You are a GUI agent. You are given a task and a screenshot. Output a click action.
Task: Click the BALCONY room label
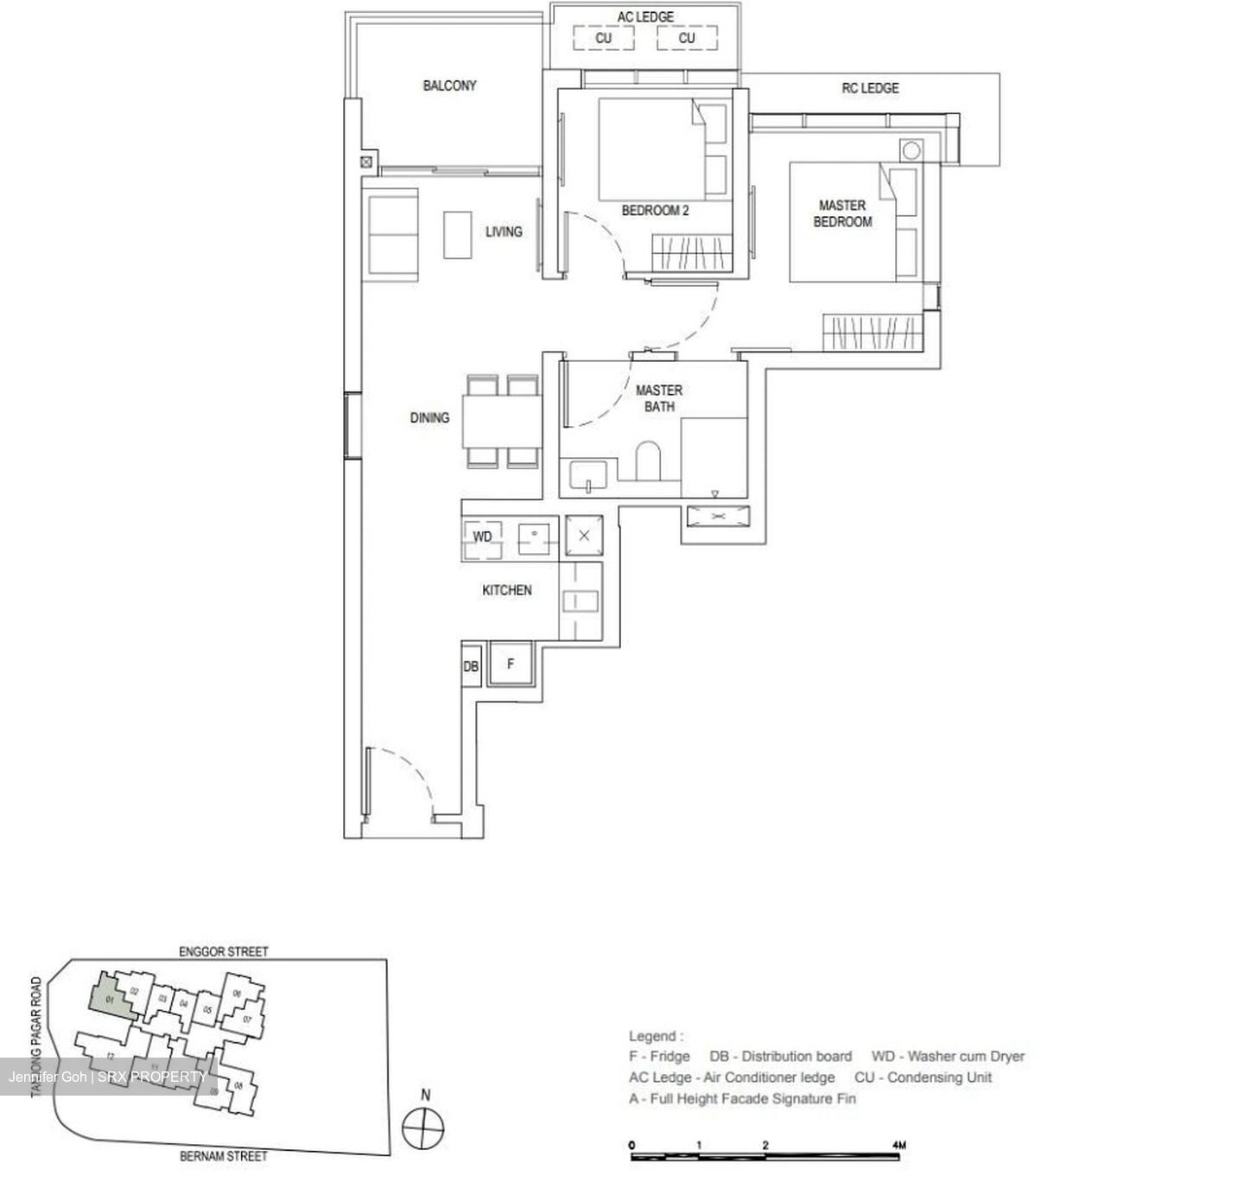[x=449, y=86]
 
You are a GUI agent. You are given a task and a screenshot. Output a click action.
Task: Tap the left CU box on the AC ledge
[x=603, y=38]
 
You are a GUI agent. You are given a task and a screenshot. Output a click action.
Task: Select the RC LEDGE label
[x=870, y=88]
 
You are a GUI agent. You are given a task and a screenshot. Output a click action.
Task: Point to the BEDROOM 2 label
[x=655, y=210]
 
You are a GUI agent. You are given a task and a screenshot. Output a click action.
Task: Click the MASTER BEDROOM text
[x=842, y=213]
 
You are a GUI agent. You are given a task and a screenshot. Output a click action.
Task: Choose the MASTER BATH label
[x=659, y=398]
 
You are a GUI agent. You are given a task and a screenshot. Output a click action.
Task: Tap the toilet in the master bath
[x=648, y=461]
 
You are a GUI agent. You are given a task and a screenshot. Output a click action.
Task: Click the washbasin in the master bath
[x=588, y=476]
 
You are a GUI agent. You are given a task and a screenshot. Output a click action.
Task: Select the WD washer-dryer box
[x=482, y=537]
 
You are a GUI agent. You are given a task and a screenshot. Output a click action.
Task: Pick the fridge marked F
[x=511, y=664]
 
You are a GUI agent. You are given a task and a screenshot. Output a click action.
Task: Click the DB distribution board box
[x=471, y=667]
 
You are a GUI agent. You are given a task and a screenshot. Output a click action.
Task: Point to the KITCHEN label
[x=506, y=590]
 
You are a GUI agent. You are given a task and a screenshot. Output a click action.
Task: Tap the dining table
[x=501, y=421]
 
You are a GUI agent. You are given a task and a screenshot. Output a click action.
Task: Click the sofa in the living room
[x=393, y=236]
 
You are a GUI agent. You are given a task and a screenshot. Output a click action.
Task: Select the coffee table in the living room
[x=457, y=234]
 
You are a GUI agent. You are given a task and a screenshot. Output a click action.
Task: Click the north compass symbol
[x=424, y=1127]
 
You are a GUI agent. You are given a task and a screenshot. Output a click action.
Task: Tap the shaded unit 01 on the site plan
[x=111, y=998]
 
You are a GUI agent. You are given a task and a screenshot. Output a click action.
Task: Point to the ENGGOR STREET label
[x=224, y=951]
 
